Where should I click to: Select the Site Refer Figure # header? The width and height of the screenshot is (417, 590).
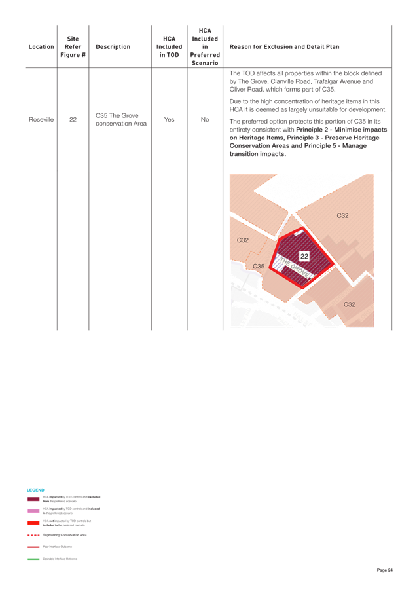coord(73,47)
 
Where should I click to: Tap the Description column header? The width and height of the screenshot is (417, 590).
coord(113,47)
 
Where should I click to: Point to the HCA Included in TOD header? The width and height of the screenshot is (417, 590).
coord(168,47)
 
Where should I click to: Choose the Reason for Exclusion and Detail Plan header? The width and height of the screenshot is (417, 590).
coord(284,47)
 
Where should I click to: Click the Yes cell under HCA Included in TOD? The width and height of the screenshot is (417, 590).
coord(169,120)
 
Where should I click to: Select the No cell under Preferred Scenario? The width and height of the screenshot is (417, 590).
coord(205,120)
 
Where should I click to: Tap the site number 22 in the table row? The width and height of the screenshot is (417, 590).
coord(73,120)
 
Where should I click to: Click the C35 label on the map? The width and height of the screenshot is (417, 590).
coord(259,267)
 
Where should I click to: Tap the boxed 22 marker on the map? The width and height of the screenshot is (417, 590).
coord(304,255)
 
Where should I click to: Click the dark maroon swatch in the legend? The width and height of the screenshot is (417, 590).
coord(33,499)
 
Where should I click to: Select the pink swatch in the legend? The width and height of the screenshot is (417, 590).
coord(33,510)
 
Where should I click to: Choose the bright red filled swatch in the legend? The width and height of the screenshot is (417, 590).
coord(33,522)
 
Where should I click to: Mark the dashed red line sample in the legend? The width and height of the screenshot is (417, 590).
coord(33,535)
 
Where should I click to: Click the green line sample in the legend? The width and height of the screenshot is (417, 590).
coord(33,559)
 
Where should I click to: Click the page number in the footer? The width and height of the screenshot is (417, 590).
coord(384,570)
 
